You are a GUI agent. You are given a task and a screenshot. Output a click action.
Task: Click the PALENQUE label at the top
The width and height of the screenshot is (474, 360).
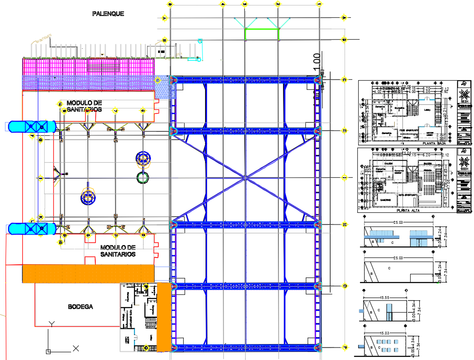point(108,14)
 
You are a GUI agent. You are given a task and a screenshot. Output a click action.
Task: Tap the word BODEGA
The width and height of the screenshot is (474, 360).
point(80,307)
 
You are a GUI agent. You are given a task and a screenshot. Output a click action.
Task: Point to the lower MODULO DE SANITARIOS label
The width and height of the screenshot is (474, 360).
point(118,251)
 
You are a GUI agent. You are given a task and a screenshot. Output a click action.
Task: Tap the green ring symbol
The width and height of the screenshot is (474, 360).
point(143,177)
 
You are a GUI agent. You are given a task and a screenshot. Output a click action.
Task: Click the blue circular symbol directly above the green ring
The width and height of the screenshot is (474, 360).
point(143,159)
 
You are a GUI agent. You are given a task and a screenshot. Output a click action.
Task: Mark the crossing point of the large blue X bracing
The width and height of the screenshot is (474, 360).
point(245,177)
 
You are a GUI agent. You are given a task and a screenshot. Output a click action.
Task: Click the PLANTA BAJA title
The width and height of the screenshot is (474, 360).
point(434,143)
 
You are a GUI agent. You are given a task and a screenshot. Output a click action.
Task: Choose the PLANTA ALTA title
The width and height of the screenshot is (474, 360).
point(409,211)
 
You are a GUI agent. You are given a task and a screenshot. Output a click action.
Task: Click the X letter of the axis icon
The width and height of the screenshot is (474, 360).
point(76,349)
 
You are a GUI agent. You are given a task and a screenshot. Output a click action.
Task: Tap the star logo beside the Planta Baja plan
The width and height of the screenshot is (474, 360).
point(464,96)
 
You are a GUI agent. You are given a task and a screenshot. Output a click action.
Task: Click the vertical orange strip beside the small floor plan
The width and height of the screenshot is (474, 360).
point(163,317)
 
